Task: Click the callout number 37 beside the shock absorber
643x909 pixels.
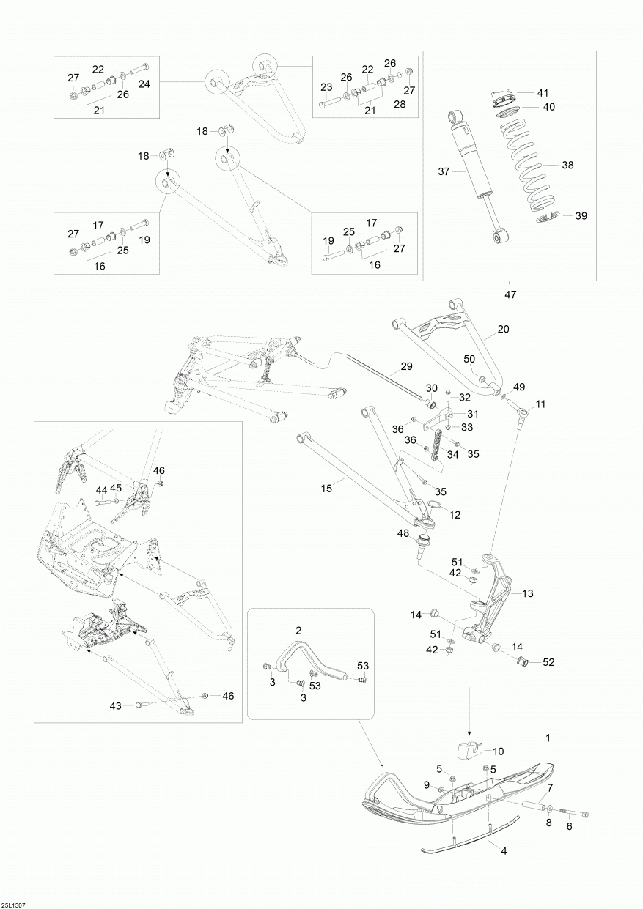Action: pyautogui.click(x=442, y=172)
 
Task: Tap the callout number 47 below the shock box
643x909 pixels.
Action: pyautogui.click(x=510, y=294)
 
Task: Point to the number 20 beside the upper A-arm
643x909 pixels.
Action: pyautogui.click(x=502, y=330)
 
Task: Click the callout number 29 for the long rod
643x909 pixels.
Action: pyautogui.click(x=407, y=366)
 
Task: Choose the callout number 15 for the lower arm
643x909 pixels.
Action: pyautogui.click(x=326, y=487)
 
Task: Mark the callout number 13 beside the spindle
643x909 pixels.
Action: pyautogui.click(x=528, y=593)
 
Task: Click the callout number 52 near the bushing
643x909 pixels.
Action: pyautogui.click(x=549, y=663)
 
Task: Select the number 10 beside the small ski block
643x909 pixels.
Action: pyautogui.click(x=498, y=751)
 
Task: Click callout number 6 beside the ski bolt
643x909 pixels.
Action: pyautogui.click(x=569, y=826)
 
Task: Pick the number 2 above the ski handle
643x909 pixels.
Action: pyautogui.click(x=298, y=630)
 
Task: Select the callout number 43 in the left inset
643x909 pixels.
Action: pyautogui.click(x=115, y=705)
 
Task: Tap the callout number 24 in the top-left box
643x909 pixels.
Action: pyautogui.click(x=144, y=84)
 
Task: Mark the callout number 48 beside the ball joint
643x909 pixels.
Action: pyautogui.click(x=403, y=533)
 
